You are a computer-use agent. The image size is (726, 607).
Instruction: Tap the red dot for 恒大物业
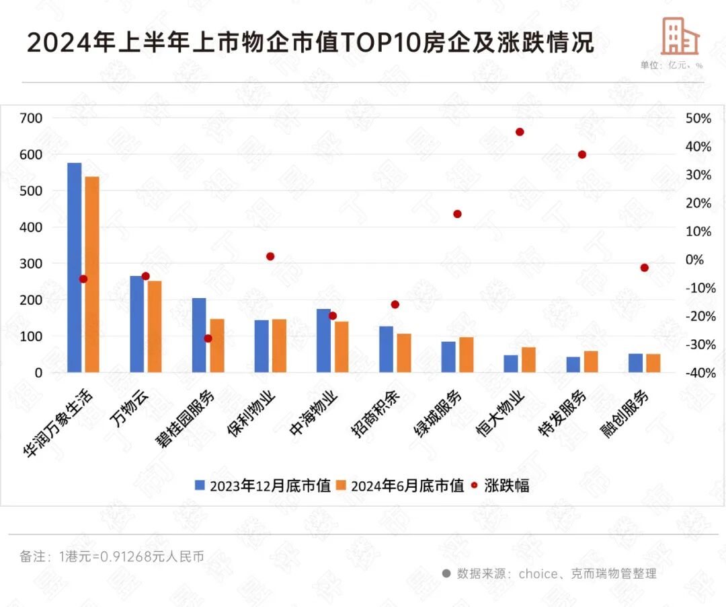(520, 132)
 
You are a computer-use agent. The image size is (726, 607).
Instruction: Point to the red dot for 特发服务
(582, 155)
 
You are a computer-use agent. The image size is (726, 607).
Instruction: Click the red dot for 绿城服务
(457, 214)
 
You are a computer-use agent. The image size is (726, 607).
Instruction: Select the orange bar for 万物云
(155, 326)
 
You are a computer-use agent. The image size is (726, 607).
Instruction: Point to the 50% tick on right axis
(698, 118)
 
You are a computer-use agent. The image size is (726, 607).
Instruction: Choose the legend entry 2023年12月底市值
(263, 486)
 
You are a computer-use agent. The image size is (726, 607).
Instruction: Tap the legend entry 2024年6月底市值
(400, 486)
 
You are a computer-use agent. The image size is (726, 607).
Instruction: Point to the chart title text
(311, 43)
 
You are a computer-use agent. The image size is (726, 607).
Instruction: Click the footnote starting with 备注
(112, 557)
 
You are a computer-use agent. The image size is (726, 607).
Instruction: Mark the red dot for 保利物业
(270, 256)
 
